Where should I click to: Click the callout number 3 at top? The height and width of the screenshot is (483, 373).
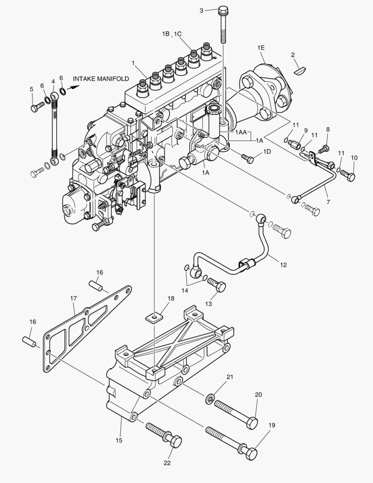(x=201, y=10)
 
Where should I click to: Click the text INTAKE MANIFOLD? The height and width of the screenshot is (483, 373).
(x=101, y=79)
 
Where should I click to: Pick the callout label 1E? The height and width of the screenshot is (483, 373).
(x=261, y=47)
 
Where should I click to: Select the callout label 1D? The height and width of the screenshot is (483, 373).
(x=267, y=152)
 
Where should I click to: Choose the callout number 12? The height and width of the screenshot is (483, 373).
(x=283, y=265)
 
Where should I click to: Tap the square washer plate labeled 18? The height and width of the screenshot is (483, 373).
(x=153, y=318)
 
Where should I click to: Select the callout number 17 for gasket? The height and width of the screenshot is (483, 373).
(x=73, y=298)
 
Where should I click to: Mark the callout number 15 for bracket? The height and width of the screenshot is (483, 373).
(x=119, y=441)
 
